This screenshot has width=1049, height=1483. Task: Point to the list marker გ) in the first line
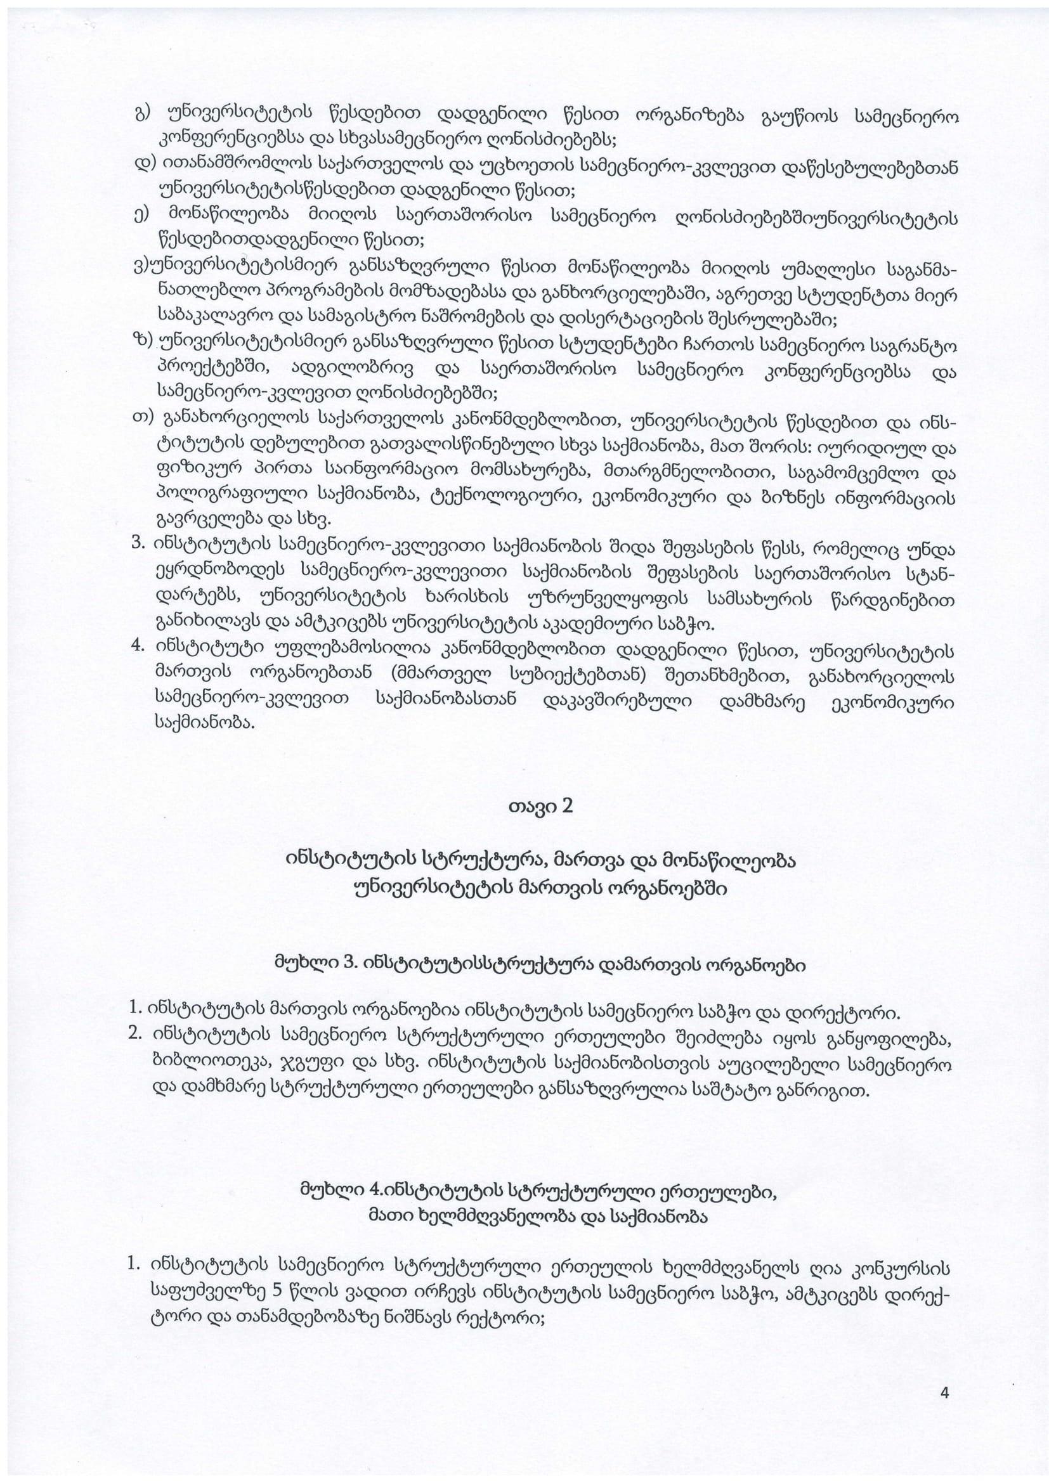[142, 115]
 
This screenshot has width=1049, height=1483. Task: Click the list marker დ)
[143, 167]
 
